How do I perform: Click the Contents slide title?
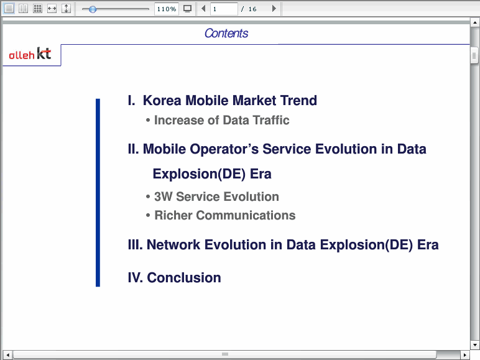pos(226,33)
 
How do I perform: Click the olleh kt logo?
pos(30,53)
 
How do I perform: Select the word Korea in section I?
pos(162,100)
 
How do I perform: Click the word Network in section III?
pos(173,244)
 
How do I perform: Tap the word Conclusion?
pos(184,278)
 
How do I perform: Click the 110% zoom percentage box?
pos(167,9)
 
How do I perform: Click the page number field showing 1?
pos(224,9)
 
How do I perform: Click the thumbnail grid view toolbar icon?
pos(37,9)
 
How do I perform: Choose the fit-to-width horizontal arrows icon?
pos(52,9)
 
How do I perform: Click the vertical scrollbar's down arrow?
pos(475,345)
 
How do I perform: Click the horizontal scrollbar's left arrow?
pos(7,355)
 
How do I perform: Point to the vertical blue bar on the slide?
pos(98,193)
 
